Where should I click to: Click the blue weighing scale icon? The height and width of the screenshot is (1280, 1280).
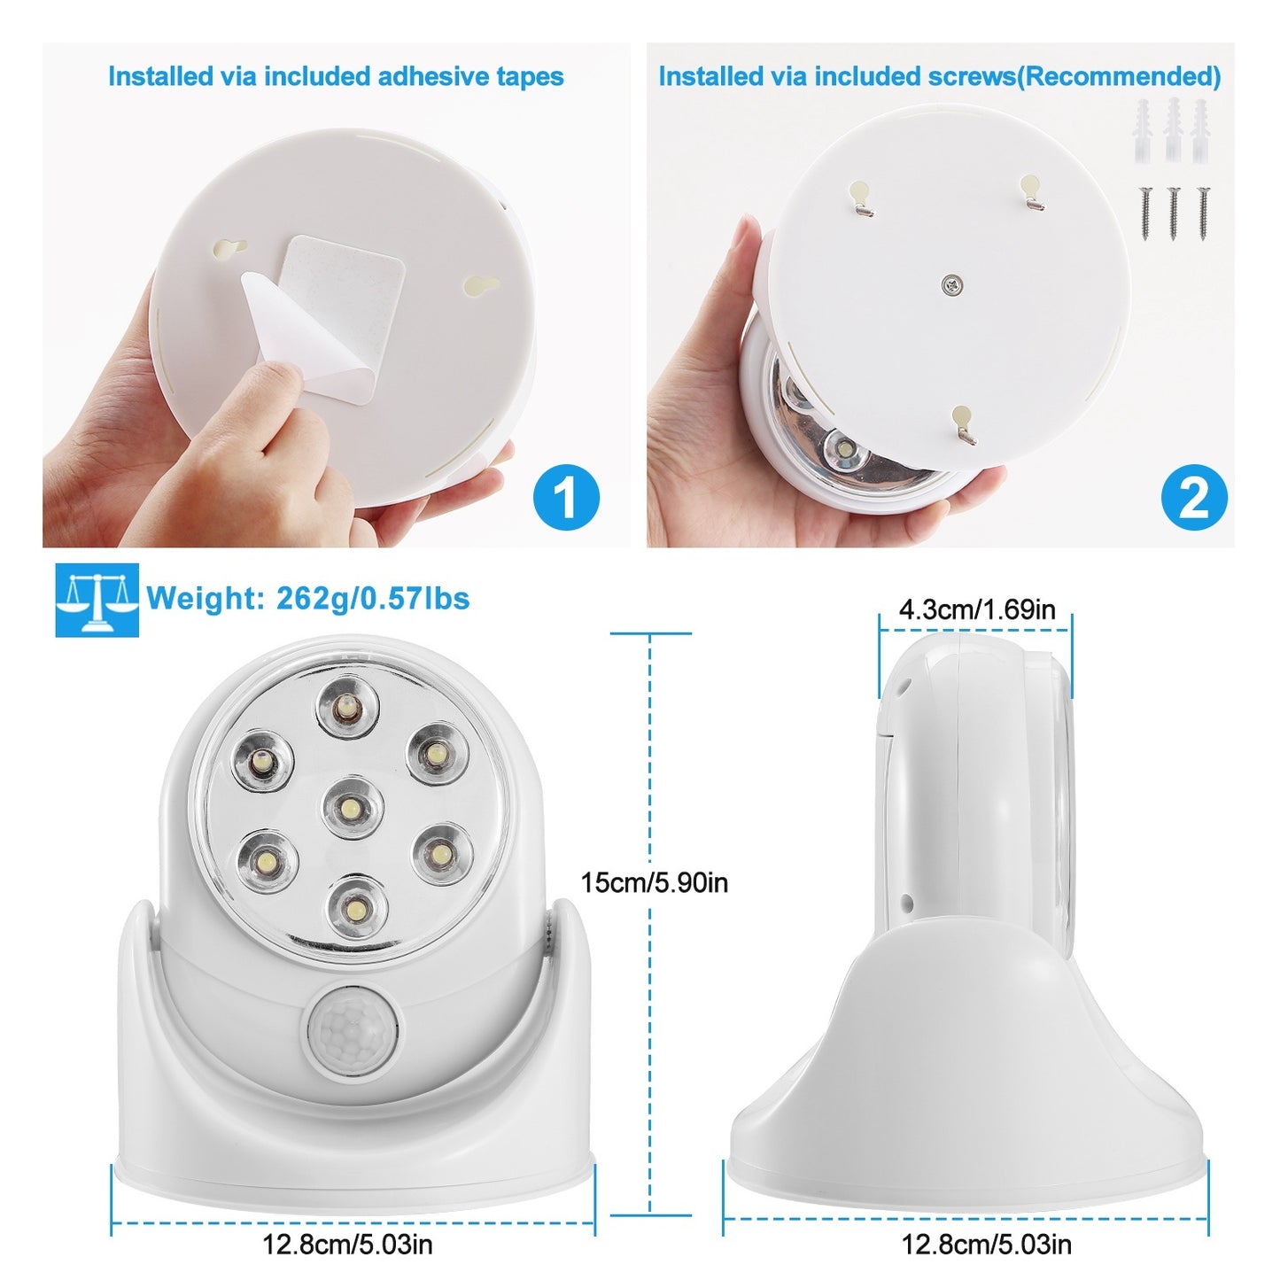(97, 600)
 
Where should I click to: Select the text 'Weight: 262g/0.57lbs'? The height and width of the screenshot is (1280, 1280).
(307, 599)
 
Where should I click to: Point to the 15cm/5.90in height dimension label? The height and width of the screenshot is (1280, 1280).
(654, 882)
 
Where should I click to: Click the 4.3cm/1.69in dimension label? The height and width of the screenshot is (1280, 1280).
(976, 609)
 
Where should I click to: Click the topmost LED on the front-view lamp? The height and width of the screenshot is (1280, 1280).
(348, 708)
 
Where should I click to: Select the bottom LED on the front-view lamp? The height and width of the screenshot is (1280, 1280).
(357, 907)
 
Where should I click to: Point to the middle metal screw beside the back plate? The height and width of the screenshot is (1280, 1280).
(1173, 213)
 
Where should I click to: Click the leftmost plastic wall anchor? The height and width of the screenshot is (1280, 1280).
(1144, 130)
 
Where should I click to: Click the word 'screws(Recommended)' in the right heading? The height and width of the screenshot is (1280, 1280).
(1074, 77)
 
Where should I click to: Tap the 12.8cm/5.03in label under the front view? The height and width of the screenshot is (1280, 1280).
(347, 1245)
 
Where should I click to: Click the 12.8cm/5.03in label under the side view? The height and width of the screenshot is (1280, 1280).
(986, 1245)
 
